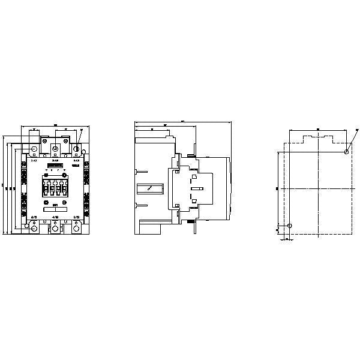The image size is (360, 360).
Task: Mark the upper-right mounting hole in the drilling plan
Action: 347,152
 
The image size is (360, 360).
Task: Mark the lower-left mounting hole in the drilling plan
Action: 290,226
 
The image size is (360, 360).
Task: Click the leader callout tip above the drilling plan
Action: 356,130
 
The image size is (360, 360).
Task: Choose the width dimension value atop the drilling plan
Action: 318,128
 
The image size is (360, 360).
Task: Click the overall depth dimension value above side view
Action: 183,121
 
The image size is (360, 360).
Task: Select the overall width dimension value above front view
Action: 55,125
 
